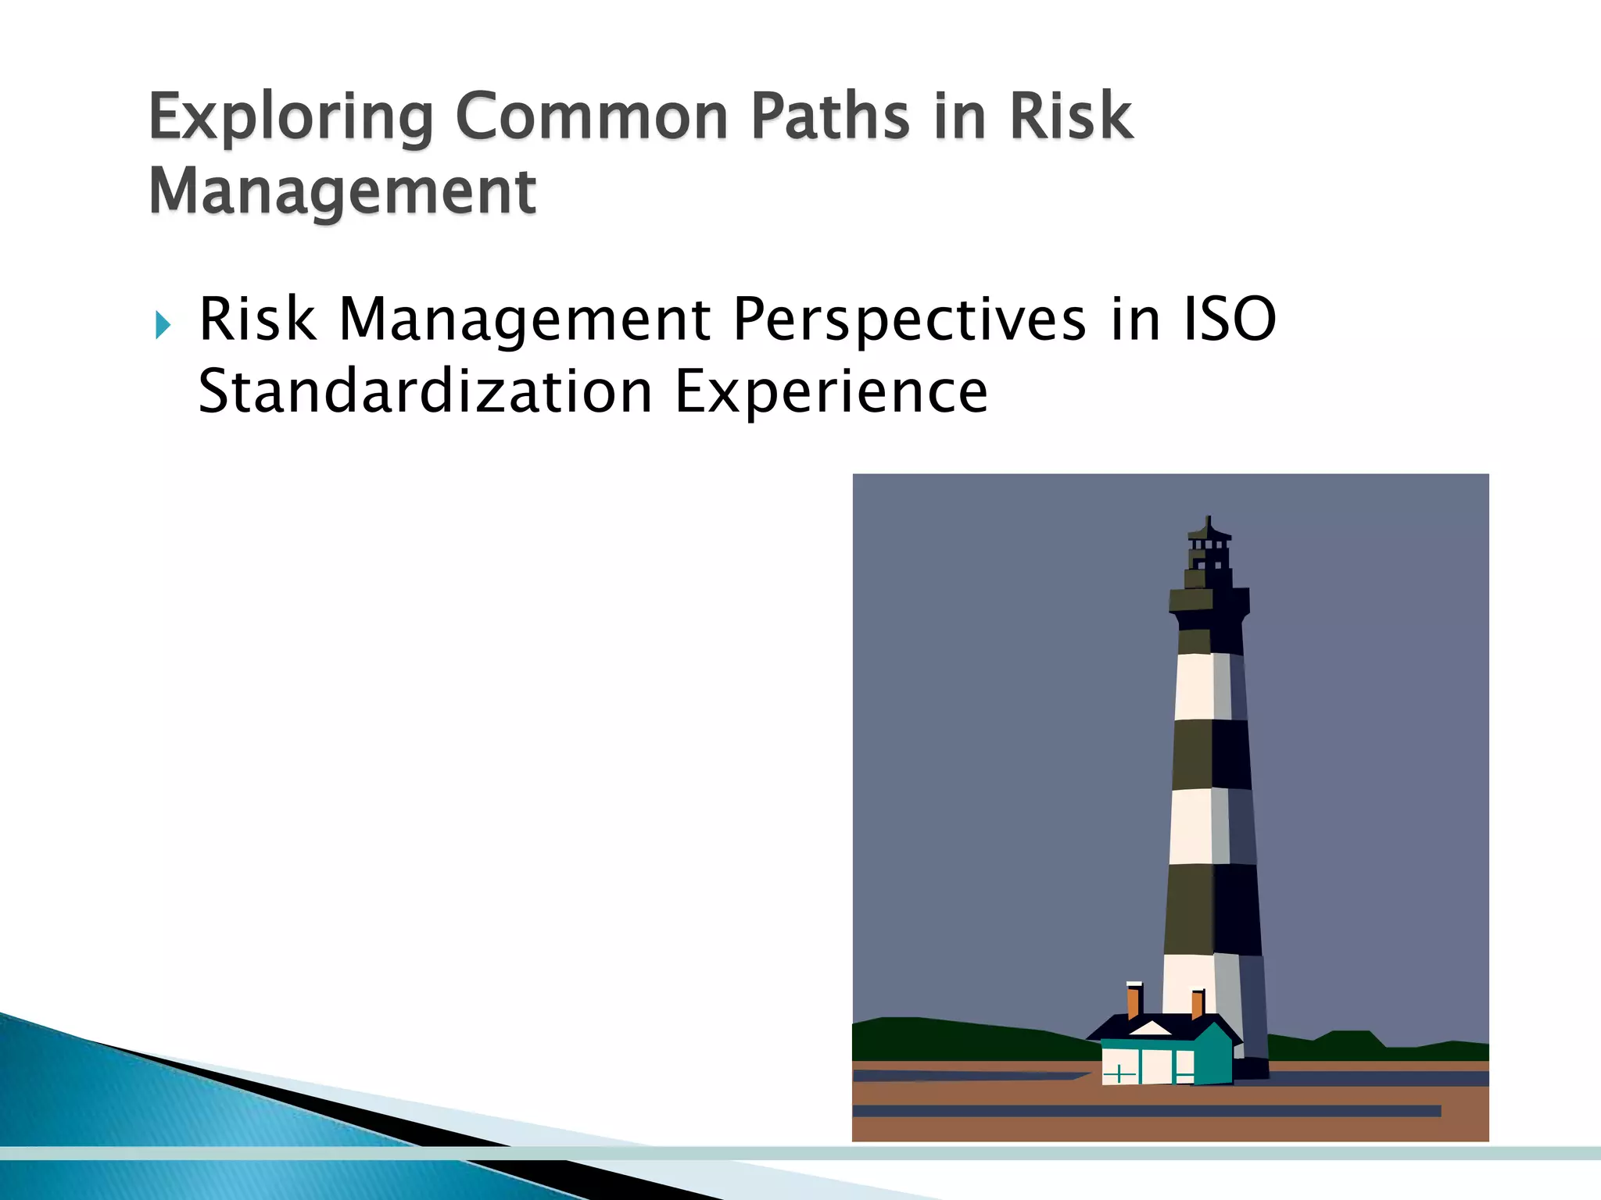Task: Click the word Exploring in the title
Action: coord(290,117)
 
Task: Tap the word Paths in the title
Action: coord(829,117)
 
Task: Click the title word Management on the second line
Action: coord(342,191)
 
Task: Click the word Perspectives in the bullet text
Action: coord(909,320)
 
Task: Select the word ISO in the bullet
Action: coord(1230,320)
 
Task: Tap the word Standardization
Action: coord(425,391)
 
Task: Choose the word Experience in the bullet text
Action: coord(831,391)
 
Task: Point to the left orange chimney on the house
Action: coord(1134,1002)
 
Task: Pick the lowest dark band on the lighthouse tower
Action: coord(1212,909)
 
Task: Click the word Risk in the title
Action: coord(1070,117)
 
